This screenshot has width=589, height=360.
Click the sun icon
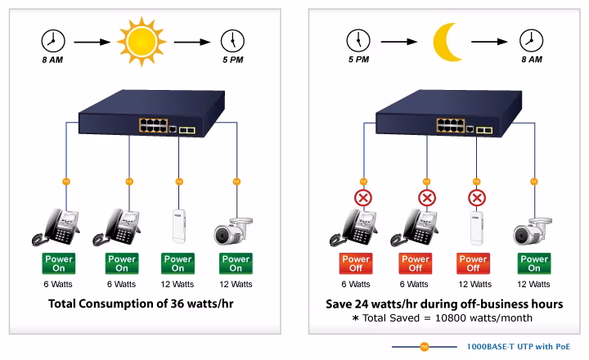(x=142, y=42)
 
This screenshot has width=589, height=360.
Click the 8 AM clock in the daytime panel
(x=53, y=41)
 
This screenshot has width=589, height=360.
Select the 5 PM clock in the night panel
(x=358, y=40)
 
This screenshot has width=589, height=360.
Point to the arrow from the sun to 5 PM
(x=192, y=42)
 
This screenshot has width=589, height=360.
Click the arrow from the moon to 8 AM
(x=489, y=42)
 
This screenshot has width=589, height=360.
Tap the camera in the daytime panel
(x=233, y=231)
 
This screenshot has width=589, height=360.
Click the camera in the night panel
(x=533, y=231)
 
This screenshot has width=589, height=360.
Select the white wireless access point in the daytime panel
(x=179, y=226)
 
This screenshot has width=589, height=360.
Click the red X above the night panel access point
(x=477, y=198)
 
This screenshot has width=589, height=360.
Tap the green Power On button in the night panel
(x=534, y=263)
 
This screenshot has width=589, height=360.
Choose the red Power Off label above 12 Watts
(x=474, y=263)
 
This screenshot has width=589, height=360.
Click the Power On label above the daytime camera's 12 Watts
(x=236, y=263)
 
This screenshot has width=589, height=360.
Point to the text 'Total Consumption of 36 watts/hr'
(x=141, y=304)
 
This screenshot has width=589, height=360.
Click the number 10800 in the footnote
(x=451, y=318)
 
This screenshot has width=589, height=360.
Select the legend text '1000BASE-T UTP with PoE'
(x=519, y=346)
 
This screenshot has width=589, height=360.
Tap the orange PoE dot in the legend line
(x=424, y=347)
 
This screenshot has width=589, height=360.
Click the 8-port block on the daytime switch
(x=153, y=125)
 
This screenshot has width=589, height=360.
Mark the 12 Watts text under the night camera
(x=533, y=284)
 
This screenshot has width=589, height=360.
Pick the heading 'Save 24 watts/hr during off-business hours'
(x=444, y=304)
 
